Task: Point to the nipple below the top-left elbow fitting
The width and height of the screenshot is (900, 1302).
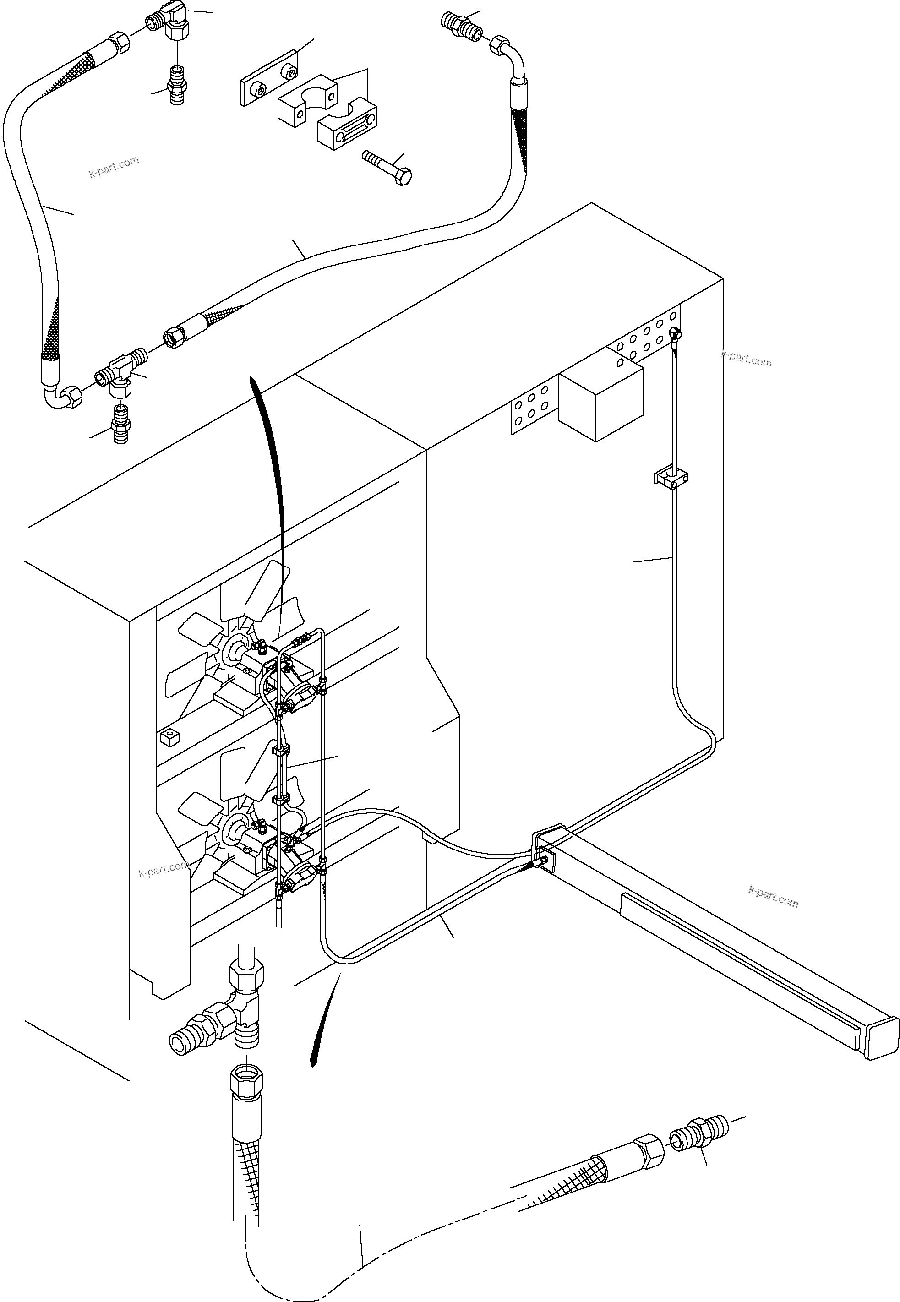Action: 177,85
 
